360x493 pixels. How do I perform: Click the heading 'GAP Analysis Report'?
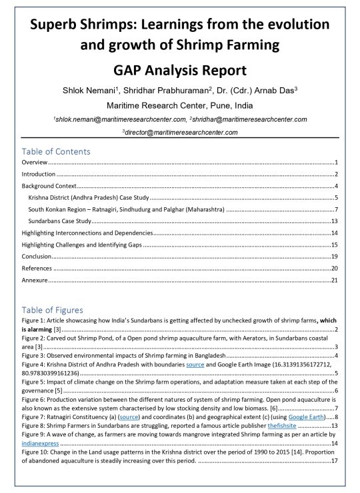(180, 70)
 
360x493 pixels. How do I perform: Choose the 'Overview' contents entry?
(35, 163)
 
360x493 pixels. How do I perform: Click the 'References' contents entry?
(38, 268)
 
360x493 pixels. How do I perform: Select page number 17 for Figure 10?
(335, 460)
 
